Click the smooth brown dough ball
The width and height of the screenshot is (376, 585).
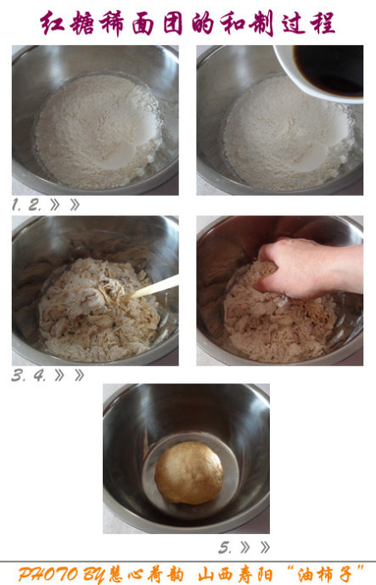tap(189, 473)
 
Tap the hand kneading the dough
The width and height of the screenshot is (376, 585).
tap(310, 268)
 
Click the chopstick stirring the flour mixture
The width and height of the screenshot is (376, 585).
tap(152, 288)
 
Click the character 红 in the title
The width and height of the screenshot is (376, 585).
tap(53, 23)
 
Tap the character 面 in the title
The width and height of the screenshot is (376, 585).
tap(143, 24)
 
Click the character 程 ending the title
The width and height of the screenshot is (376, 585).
tap(323, 23)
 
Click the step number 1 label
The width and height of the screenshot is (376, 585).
tap(15, 204)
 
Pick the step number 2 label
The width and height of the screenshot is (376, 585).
tap(34, 204)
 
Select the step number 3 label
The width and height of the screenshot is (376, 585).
tap(18, 376)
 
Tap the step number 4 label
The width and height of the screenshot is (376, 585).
tap(40, 376)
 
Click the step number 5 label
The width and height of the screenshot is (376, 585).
tap(225, 548)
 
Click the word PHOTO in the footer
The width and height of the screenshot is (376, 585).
tap(48, 575)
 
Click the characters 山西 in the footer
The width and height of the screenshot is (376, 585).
tap(216, 575)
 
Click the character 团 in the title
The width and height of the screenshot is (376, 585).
tap(172, 24)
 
